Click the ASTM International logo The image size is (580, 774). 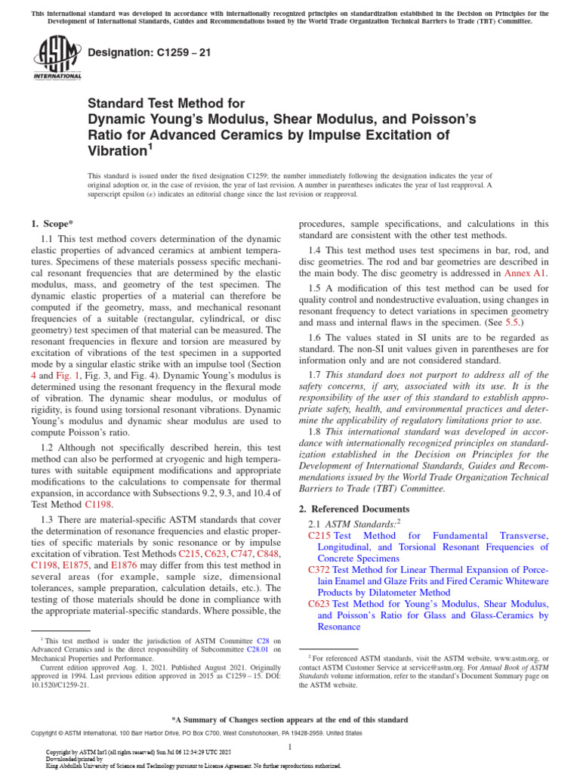click(57, 58)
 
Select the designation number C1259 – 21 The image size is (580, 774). click(141, 53)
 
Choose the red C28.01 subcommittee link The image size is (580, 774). click(260, 649)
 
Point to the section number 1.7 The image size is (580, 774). click(316, 375)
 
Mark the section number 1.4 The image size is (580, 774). click(316, 249)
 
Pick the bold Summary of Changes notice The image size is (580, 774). click(290, 720)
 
